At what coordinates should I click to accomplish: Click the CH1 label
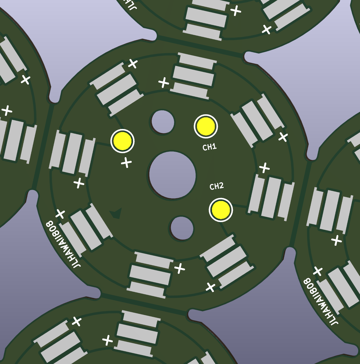click(x=209, y=147)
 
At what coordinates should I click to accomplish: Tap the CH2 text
click(x=217, y=186)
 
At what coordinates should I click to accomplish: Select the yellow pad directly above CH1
click(x=206, y=126)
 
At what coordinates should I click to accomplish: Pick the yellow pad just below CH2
click(x=221, y=210)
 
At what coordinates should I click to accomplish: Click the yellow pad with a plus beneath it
click(x=122, y=141)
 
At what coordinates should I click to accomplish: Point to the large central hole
click(x=172, y=175)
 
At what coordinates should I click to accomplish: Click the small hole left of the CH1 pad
click(x=163, y=122)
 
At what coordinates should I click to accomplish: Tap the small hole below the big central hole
click(x=182, y=228)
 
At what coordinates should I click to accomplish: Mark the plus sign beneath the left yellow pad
click(x=127, y=162)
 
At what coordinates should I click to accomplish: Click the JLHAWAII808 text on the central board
click(x=63, y=244)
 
